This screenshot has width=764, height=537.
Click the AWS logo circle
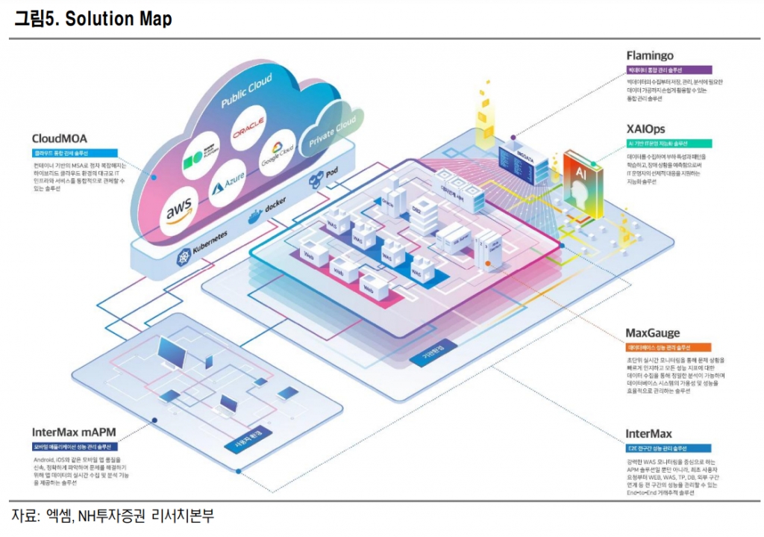tap(182, 212)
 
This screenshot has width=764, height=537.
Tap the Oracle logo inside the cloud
tap(249, 132)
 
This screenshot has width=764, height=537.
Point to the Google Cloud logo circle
tap(277, 153)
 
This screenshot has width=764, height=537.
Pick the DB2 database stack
tap(422, 208)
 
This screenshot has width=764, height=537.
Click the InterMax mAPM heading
tap(74, 432)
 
